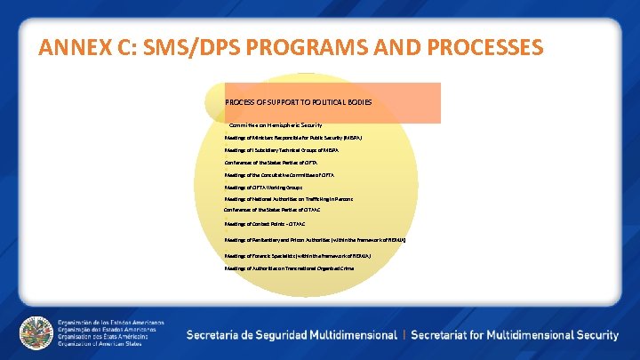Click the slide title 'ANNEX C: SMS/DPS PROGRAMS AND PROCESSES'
click(291, 47)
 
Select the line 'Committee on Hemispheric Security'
click(276, 125)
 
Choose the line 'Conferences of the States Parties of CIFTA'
click(270, 163)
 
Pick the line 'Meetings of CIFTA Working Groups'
click(263, 188)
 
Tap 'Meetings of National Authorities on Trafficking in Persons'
click(288, 199)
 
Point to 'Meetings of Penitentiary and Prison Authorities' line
click(316, 239)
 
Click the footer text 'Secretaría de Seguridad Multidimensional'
click(292, 335)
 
